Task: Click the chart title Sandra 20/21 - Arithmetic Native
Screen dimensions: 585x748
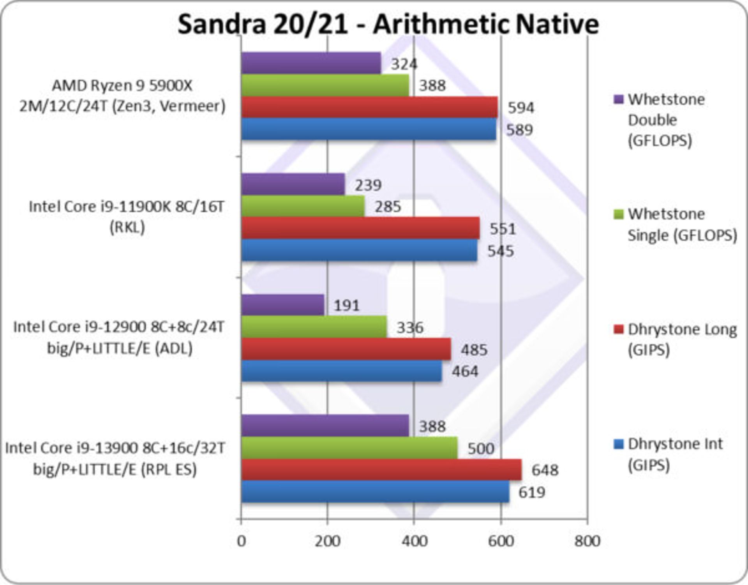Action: (x=388, y=24)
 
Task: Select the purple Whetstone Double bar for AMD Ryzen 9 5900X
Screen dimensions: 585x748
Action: (x=311, y=63)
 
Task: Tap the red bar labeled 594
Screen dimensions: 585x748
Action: (x=369, y=107)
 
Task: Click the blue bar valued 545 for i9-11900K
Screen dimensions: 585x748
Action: (x=359, y=250)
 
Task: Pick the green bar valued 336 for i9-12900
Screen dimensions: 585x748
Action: (x=314, y=327)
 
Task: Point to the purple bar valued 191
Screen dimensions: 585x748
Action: (x=282, y=305)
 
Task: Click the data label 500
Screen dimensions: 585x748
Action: (x=481, y=449)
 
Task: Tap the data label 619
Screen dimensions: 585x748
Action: (x=531, y=492)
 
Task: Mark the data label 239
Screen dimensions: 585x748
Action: (x=368, y=185)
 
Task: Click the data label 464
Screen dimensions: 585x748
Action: (x=465, y=371)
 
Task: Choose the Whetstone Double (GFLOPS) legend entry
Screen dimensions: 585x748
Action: (x=666, y=120)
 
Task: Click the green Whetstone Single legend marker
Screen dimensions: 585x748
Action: (x=618, y=214)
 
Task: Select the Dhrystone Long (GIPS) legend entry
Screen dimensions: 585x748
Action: (x=682, y=339)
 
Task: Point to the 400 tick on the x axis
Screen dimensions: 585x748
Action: (x=415, y=541)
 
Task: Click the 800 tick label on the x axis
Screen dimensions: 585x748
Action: (x=587, y=541)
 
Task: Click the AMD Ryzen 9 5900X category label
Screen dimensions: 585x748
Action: (x=122, y=96)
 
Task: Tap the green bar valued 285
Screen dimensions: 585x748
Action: (x=303, y=207)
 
